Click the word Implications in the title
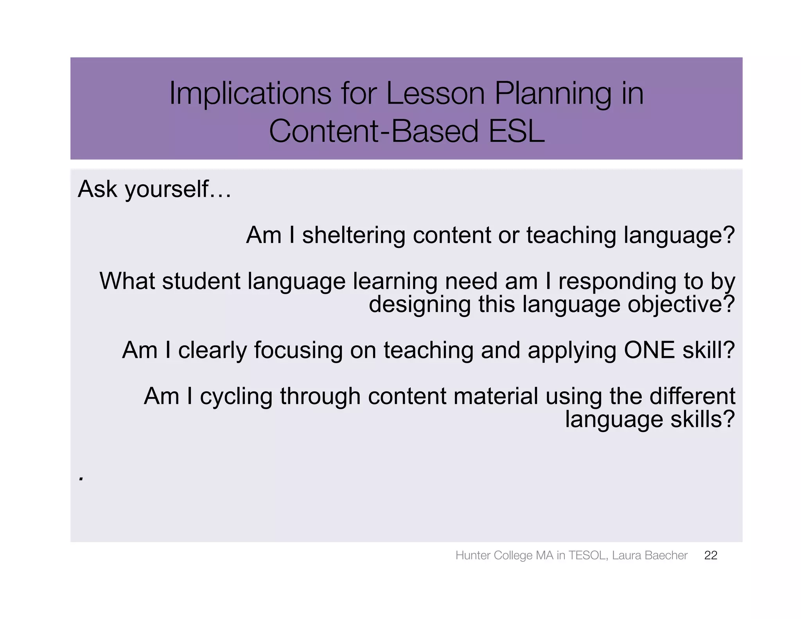[250, 94]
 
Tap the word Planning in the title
[552, 94]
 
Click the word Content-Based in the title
[374, 131]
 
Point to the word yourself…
[178, 190]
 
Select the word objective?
[681, 305]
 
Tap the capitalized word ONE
[649, 350]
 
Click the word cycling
[236, 396]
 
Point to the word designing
[420, 305]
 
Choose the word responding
[617, 282]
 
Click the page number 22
[710, 555]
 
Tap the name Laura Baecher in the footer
[649, 555]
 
